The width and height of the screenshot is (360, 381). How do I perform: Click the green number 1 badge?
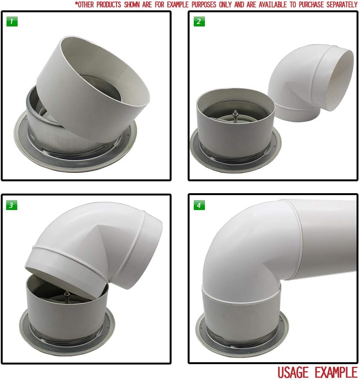[x=12, y=21]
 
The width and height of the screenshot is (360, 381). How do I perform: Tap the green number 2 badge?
[x=199, y=21]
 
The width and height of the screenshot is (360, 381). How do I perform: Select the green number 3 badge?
[x=12, y=205]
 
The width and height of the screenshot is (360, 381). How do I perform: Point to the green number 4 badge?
[x=199, y=205]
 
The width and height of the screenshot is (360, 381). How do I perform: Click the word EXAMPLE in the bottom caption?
[x=335, y=372]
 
